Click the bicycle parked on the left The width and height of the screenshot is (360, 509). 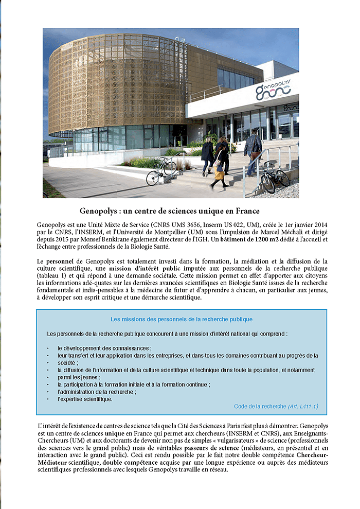(x=161, y=171)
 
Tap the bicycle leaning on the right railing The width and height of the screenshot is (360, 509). (x=275, y=177)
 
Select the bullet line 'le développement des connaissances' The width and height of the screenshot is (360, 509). (x=104, y=348)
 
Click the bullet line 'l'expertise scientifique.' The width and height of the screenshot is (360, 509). (x=84, y=399)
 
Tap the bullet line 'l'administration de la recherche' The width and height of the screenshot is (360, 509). (x=96, y=392)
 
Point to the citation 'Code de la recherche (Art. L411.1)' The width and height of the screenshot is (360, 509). (x=276, y=407)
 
